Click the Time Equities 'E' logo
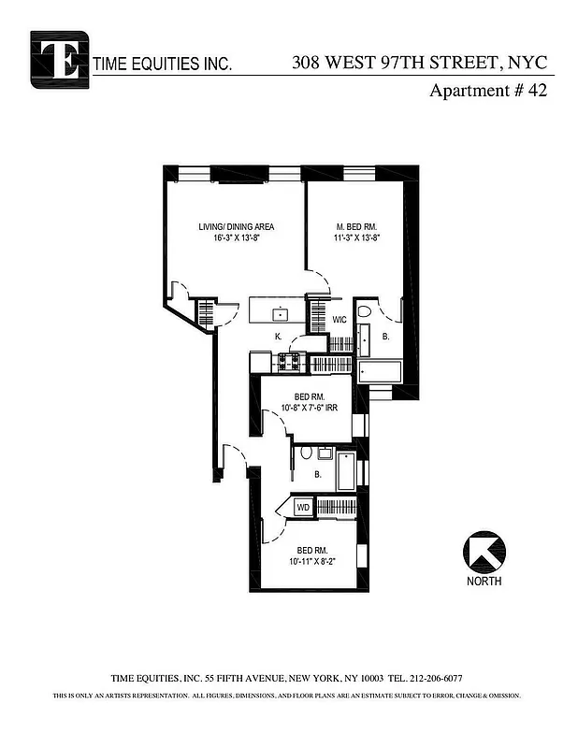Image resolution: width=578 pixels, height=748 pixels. tap(59, 59)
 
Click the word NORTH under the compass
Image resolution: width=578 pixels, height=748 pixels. tap(484, 581)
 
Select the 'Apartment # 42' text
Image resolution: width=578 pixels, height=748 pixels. tap(487, 92)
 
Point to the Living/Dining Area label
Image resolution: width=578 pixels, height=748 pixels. tap(236, 226)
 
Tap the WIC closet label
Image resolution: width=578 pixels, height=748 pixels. tap(340, 320)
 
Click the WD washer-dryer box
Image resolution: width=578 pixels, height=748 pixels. tap(303, 507)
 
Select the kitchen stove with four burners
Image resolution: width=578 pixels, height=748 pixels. tap(291, 360)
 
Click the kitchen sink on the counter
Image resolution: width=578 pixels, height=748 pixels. tap(279, 311)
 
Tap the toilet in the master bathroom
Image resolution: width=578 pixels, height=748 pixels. tap(366, 312)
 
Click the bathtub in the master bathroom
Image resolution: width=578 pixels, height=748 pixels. tap(381, 373)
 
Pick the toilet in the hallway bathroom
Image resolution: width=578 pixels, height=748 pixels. tap(306, 454)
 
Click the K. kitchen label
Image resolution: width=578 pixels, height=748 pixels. tap(278, 336)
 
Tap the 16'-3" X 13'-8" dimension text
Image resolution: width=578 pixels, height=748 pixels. tap(236, 238)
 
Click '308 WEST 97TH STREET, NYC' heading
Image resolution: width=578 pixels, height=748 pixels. tap(423, 64)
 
